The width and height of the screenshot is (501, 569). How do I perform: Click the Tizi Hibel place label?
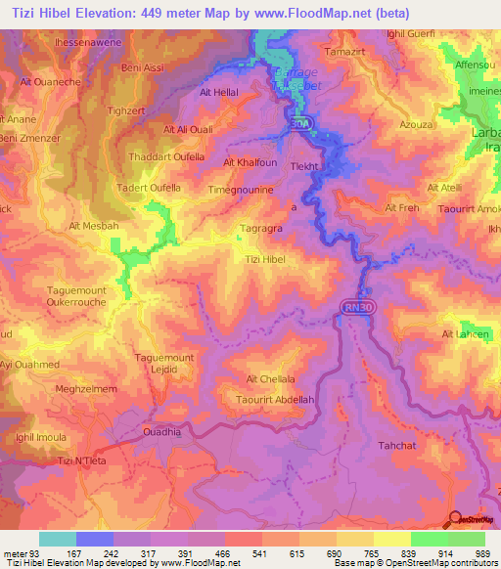click(x=265, y=258)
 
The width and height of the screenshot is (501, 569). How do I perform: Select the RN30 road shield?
click(x=358, y=307)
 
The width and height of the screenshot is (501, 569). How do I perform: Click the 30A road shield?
click(x=300, y=122)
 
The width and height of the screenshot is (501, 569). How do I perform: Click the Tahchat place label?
click(x=397, y=445)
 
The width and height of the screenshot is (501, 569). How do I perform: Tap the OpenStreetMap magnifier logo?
click(x=456, y=520)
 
